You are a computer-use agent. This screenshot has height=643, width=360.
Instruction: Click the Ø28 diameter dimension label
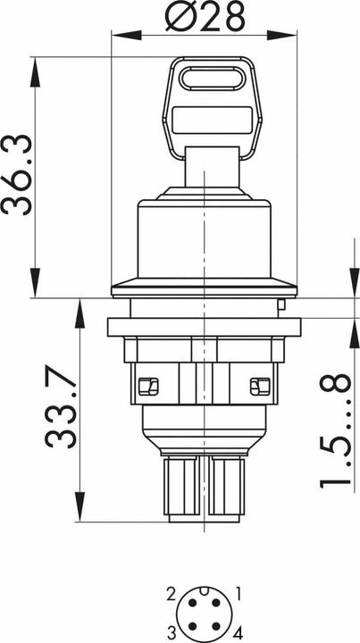click(205, 16)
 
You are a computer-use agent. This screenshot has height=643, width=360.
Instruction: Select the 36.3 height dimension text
click(16, 175)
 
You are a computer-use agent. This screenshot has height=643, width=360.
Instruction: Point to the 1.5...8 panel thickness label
click(336, 431)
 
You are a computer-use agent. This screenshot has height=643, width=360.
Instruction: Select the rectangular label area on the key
click(212, 121)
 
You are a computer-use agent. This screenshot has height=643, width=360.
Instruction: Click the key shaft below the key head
click(212, 167)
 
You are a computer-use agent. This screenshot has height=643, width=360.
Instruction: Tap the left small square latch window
click(148, 387)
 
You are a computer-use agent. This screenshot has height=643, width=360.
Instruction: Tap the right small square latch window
click(260, 387)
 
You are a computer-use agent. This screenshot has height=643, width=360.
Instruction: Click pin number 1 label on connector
click(239, 593)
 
